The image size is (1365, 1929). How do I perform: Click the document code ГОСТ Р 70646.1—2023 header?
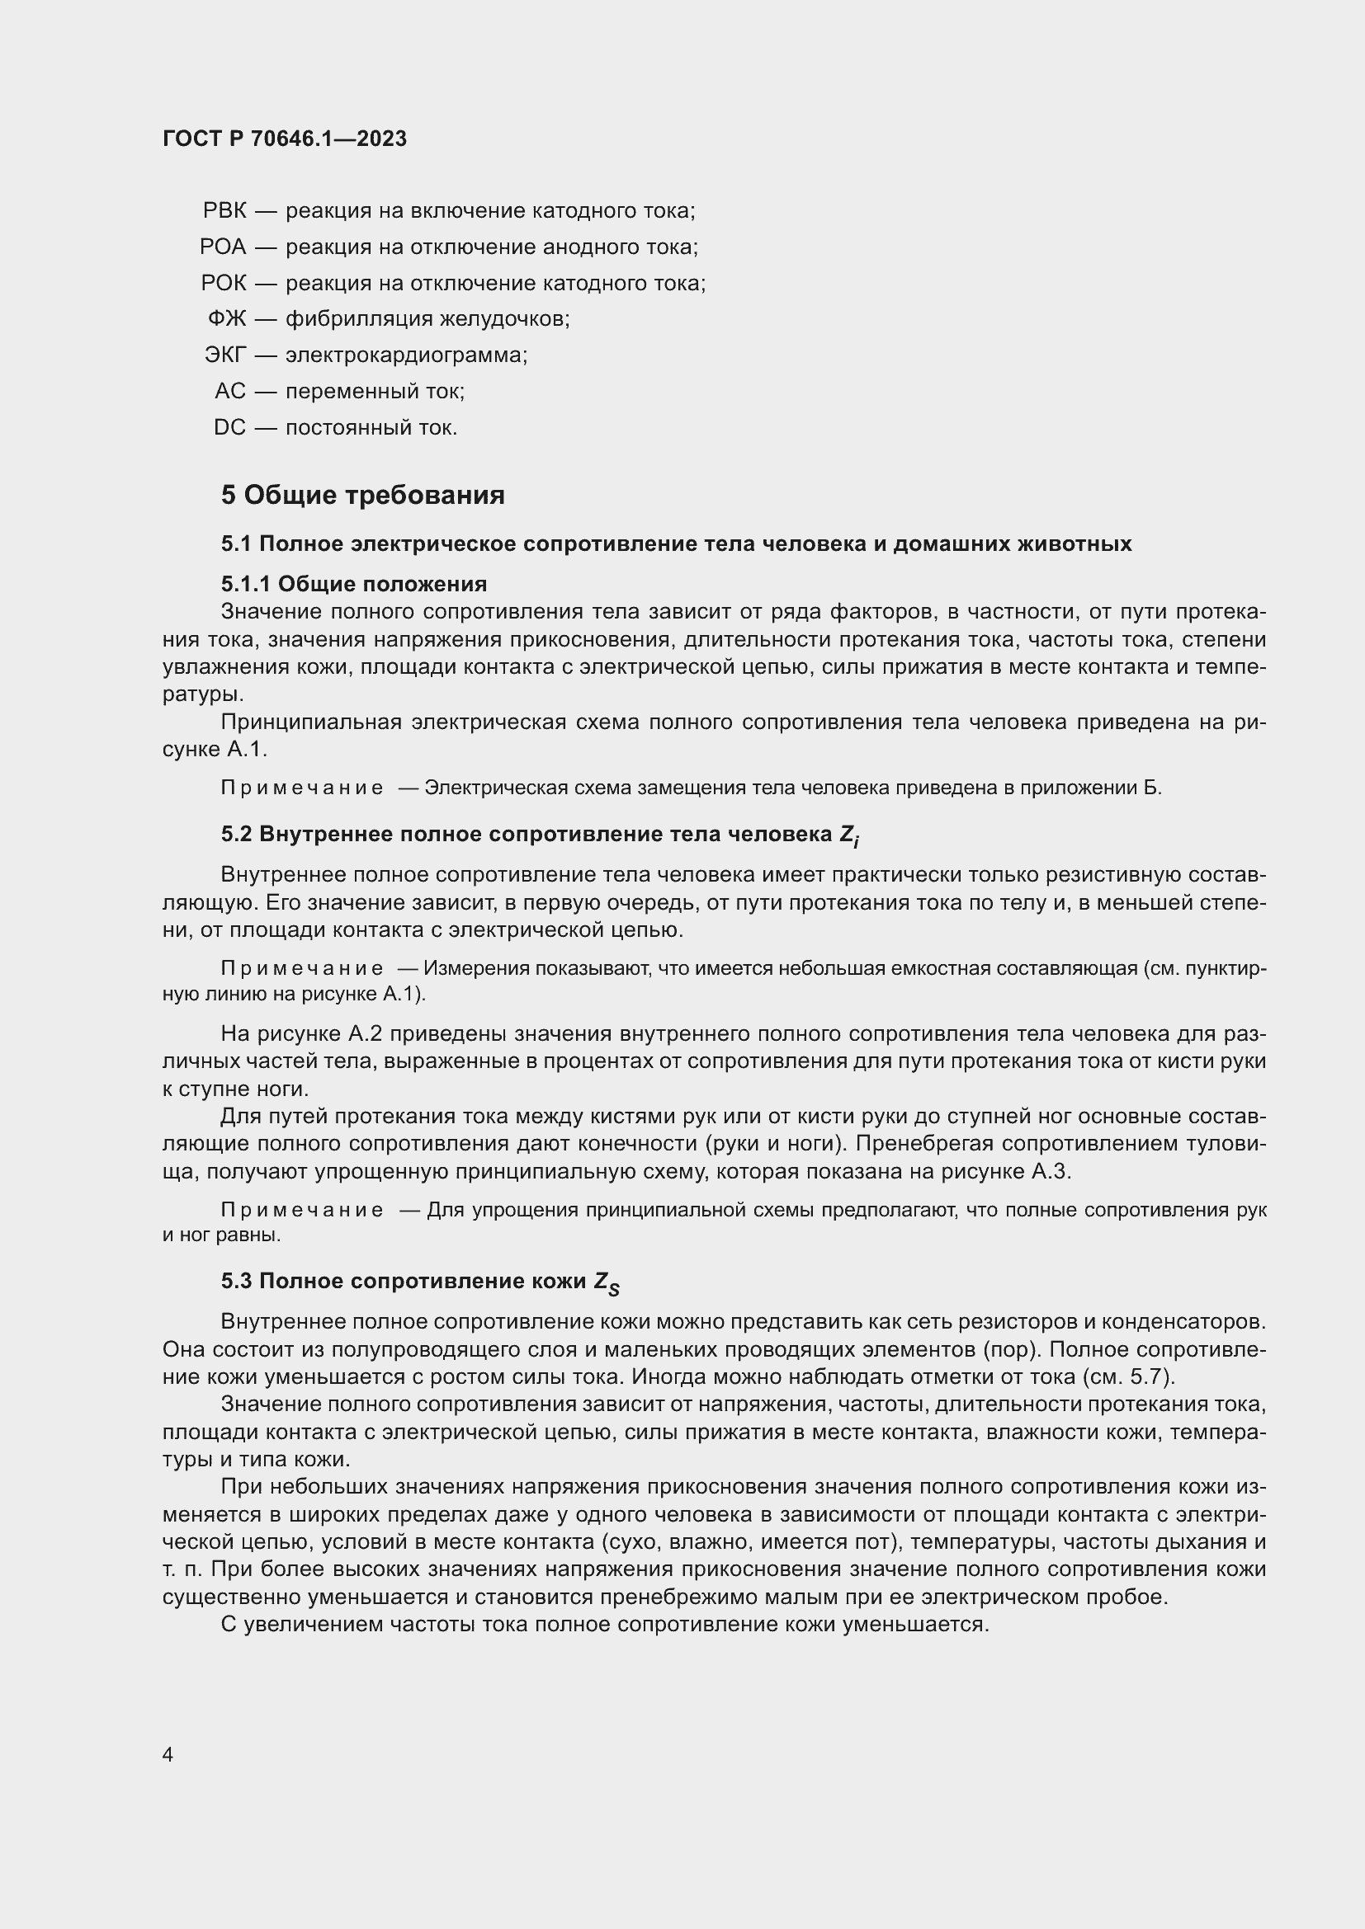284,139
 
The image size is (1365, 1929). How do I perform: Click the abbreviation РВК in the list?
224,211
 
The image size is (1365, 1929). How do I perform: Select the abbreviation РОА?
223,247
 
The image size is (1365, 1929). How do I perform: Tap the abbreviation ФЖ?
227,319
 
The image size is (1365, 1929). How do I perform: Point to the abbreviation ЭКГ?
225,355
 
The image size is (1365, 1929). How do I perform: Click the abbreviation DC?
229,428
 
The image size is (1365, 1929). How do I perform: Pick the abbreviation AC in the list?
230,392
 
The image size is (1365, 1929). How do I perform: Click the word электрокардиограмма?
405,355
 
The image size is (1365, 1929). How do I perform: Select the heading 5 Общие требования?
362,495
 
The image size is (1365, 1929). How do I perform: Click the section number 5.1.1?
245,584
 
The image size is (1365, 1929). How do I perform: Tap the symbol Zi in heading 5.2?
848,835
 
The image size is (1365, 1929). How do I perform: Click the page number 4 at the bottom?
168,1755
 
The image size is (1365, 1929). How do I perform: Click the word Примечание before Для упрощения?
302,1210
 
